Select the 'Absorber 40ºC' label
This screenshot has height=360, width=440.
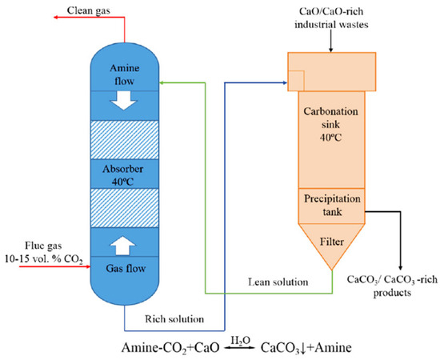(x=126, y=175)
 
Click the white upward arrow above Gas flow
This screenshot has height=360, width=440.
(x=126, y=242)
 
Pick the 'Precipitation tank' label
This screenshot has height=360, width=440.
(x=330, y=205)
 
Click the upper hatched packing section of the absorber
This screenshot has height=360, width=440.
(x=126, y=138)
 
